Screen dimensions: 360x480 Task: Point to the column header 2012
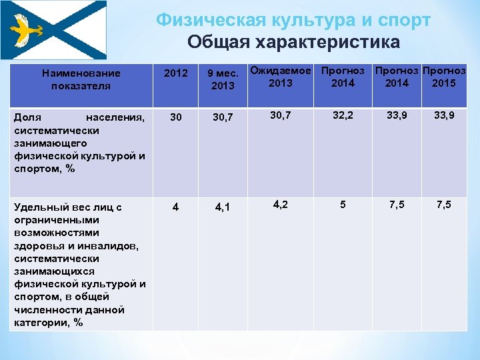coord(176,73)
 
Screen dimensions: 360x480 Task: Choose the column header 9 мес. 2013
coord(222,79)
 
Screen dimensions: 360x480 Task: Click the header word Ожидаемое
coord(281,70)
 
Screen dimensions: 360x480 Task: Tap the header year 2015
coord(444,83)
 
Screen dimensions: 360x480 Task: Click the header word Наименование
coord(81,73)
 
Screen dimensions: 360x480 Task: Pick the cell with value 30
coord(176,117)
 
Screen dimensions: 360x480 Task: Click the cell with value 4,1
coord(222,207)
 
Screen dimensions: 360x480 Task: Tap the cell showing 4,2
coord(281,204)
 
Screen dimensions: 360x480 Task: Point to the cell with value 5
coord(343,204)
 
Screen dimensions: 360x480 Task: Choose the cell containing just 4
coord(175,207)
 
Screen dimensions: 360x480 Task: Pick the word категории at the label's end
coord(39,323)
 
